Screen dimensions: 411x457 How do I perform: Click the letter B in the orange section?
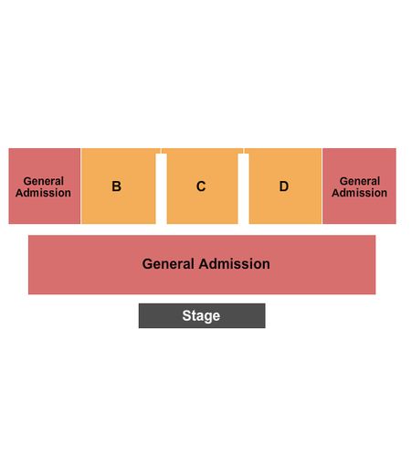[116, 186]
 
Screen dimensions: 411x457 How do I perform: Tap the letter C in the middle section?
[201, 186]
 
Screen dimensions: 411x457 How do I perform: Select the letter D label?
[284, 186]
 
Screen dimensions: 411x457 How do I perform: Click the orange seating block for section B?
[119, 186]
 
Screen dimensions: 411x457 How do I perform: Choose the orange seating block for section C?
[202, 186]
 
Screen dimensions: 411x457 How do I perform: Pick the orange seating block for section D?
[283, 186]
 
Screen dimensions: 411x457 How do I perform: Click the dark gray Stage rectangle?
[202, 315]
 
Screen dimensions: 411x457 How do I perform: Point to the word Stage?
[201, 316]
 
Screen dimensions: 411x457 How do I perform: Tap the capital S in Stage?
[186, 315]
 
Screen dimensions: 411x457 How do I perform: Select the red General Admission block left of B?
[45, 186]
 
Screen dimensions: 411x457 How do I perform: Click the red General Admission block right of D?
[359, 186]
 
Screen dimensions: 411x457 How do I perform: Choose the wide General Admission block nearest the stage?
[202, 265]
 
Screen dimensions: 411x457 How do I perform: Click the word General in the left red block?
[44, 181]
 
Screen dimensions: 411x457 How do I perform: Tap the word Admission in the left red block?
[43, 193]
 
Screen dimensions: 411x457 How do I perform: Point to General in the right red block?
[360, 181]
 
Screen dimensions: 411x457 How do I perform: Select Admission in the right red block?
[360, 193]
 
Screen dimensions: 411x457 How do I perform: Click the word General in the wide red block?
[168, 264]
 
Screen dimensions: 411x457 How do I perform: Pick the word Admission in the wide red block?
[234, 264]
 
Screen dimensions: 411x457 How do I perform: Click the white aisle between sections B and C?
[161, 189]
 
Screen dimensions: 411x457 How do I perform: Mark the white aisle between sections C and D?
[244, 189]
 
